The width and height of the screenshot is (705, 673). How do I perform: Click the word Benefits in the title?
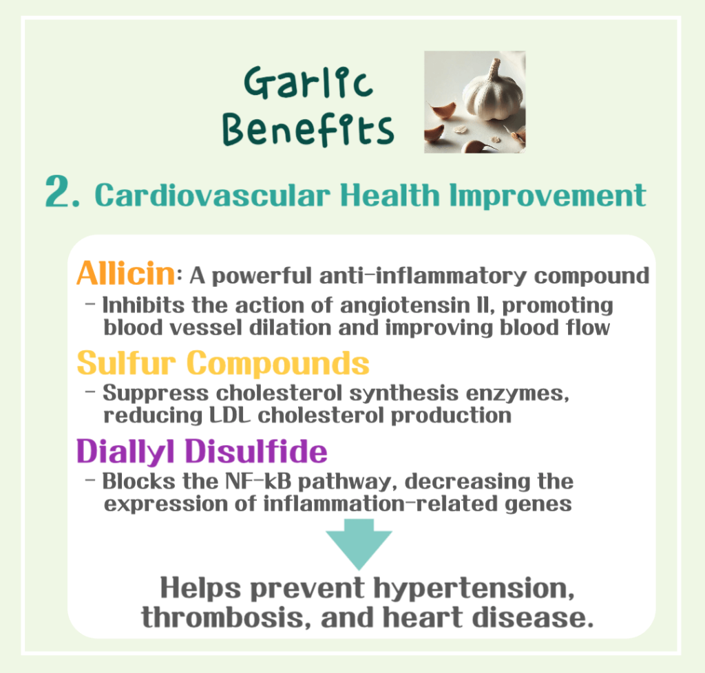pos(311,129)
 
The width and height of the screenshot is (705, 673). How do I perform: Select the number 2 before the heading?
pos(63,193)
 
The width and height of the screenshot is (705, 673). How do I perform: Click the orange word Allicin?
pos(125,274)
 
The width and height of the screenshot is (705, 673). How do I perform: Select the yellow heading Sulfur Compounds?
pos(223,363)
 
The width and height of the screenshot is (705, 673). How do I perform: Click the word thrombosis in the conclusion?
pos(215,617)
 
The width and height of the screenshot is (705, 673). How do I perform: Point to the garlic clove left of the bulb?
pos(442,111)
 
